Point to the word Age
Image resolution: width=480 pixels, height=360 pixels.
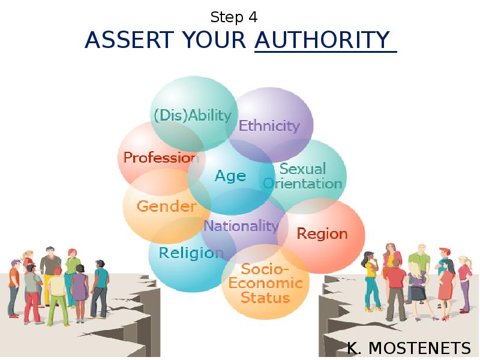[x=230, y=176]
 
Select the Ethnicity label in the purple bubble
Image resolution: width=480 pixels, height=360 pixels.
[x=269, y=125]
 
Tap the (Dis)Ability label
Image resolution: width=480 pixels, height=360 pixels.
[x=193, y=115]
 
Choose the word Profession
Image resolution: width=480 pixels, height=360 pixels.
[x=161, y=158]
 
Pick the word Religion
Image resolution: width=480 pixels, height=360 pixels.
[x=191, y=253]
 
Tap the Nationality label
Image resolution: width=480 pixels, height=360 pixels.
[x=241, y=226]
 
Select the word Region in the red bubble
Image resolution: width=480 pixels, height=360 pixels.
[x=322, y=233]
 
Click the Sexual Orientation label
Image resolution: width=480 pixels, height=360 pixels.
[x=302, y=176]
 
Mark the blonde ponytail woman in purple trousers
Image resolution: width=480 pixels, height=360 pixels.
[x=464, y=282]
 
